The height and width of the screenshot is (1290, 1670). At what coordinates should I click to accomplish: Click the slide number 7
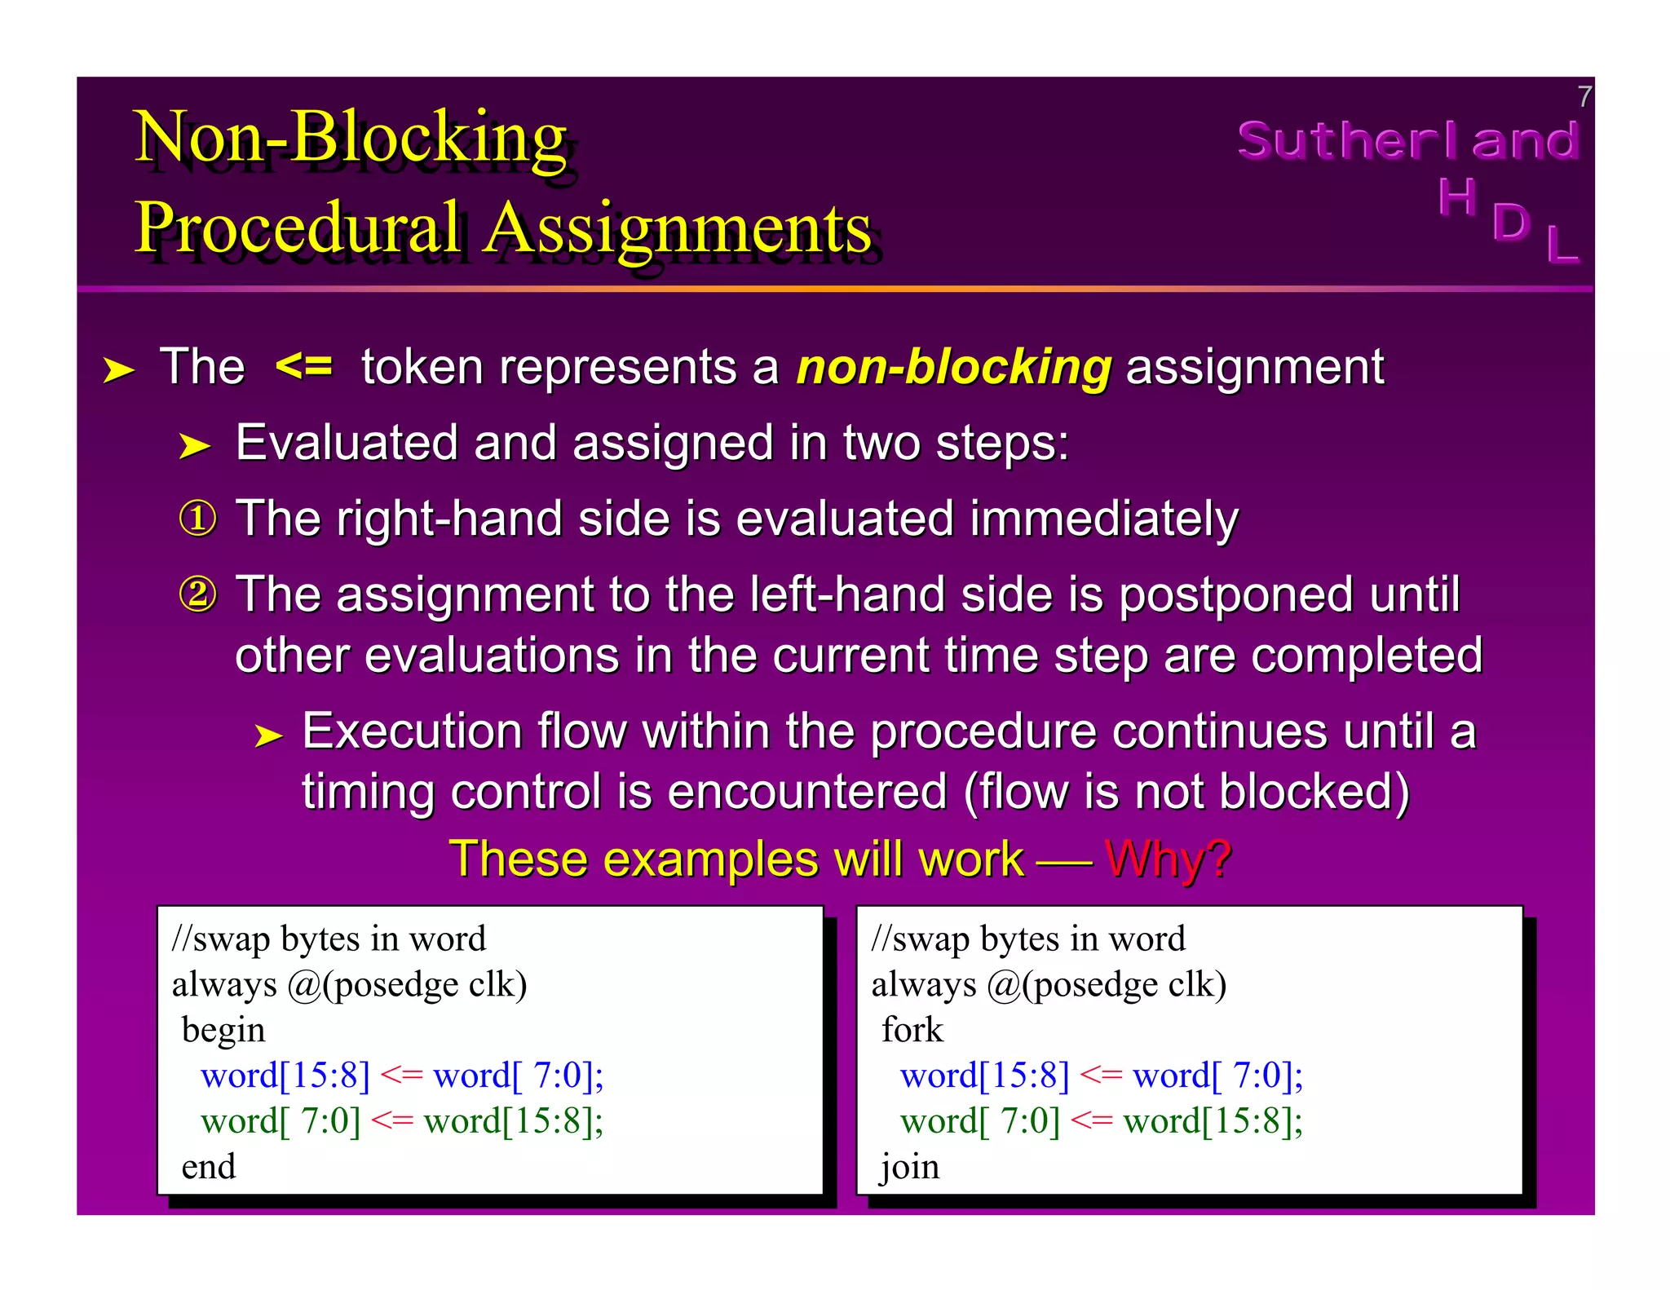click(x=1584, y=97)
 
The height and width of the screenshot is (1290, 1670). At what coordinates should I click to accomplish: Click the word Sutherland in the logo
click(x=1408, y=140)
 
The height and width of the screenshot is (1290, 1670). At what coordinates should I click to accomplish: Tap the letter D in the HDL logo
click(x=1510, y=222)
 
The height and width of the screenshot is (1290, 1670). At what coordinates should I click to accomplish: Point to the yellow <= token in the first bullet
click(x=304, y=365)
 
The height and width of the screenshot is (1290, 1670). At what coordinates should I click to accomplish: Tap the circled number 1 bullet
click(x=198, y=519)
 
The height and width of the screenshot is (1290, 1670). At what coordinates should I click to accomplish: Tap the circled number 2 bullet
click(x=198, y=594)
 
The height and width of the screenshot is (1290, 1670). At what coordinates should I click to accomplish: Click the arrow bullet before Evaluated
click(x=195, y=446)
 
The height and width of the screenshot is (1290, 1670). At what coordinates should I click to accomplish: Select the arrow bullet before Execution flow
click(x=268, y=736)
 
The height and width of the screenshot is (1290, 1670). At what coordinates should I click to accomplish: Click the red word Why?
click(x=1168, y=859)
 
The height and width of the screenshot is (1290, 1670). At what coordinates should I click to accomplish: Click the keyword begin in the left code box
click(x=223, y=1031)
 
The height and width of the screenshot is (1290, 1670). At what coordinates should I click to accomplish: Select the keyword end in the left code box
click(x=209, y=1167)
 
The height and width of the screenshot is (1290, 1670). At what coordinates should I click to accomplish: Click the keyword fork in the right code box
click(x=912, y=1030)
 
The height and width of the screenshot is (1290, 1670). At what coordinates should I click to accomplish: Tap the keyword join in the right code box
click(x=909, y=1168)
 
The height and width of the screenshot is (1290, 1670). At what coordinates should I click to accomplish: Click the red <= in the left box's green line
click(x=392, y=1121)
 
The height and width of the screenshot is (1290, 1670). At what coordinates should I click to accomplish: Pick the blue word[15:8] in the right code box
click(x=984, y=1076)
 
